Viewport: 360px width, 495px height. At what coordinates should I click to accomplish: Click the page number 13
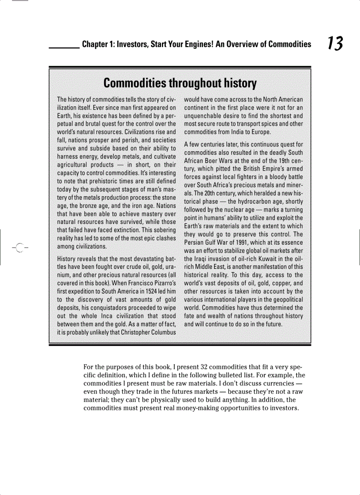click(x=334, y=44)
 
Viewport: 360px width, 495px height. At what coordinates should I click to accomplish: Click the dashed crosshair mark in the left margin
click(x=18, y=247)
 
